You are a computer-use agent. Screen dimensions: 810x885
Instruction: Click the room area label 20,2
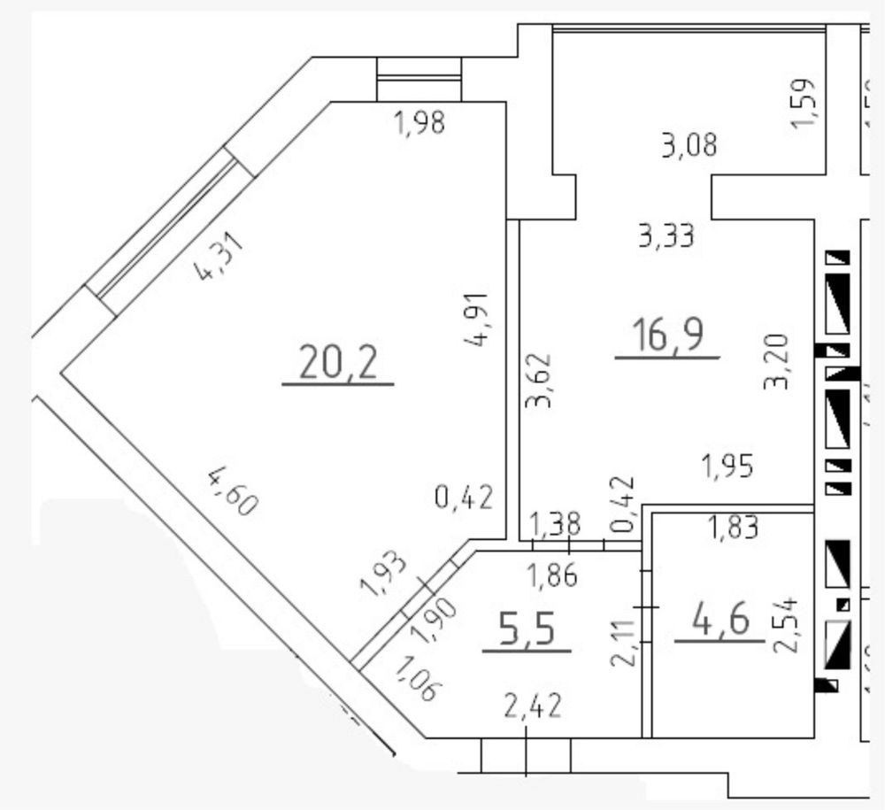(337, 362)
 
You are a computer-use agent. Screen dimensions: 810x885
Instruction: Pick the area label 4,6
(719, 620)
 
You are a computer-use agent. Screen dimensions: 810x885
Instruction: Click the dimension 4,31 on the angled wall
(217, 257)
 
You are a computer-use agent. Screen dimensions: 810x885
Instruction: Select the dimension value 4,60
(233, 492)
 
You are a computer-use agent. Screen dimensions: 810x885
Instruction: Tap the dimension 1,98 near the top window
(419, 125)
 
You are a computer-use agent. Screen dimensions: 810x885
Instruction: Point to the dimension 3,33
(666, 235)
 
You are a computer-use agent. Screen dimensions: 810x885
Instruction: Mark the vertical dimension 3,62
(539, 382)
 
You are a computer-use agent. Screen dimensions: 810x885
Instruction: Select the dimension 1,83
(734, 528)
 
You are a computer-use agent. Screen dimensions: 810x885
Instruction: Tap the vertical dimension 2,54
(787, 625)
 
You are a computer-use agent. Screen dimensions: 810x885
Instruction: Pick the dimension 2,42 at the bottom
(535, 707)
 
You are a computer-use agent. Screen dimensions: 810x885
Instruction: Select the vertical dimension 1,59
(806, 104)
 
